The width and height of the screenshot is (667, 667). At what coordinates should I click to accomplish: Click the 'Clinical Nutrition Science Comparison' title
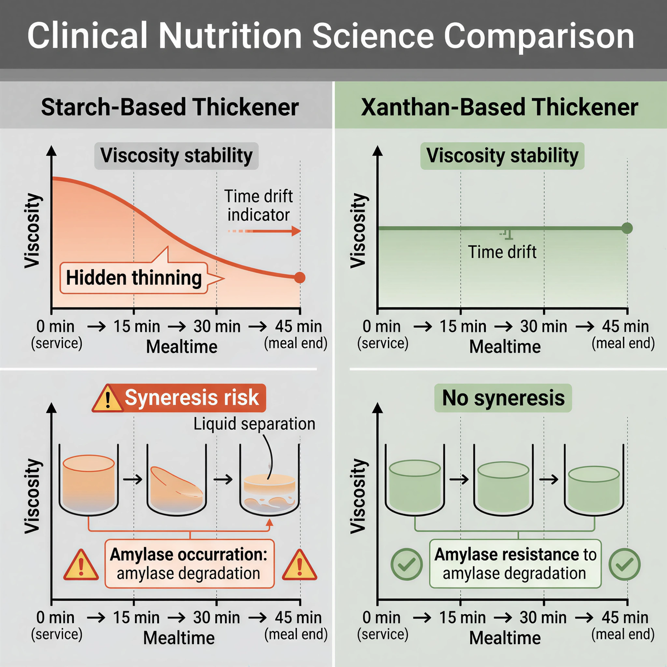(x=331, y=36)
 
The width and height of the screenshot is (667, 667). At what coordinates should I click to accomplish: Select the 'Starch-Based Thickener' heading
(x=170, y=107)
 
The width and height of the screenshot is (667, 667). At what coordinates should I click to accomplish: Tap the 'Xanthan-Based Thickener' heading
(x=499, y=107)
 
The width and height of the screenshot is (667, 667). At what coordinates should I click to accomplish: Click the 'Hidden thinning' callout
(x=134, y=277)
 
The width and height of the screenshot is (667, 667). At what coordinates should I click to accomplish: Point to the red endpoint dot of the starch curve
(x=300, y=277)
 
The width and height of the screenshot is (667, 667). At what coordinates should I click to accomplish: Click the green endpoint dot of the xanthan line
(x=627, y=228)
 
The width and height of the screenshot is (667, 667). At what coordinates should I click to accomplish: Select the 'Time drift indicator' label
(x=258, y=205)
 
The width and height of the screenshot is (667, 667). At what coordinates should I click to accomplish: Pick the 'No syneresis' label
(x=503, y=398)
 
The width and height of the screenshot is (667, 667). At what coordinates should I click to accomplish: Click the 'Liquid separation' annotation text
(x=254, y=424)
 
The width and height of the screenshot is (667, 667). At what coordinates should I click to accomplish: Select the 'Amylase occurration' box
(x=189, y=564)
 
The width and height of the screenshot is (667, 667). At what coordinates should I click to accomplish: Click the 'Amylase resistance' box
(x=515, y=564)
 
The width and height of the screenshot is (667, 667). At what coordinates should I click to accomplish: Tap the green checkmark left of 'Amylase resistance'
(x=407, y=564)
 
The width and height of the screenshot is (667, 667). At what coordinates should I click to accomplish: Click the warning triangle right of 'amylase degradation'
(x=300, y=564)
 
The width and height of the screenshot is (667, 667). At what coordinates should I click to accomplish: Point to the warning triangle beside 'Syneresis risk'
(x=107, y=399)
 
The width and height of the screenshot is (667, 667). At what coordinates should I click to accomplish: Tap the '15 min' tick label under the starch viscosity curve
(x=137, y=326)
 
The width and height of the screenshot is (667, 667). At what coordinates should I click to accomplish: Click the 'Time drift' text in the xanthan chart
(x=502, y=252)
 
